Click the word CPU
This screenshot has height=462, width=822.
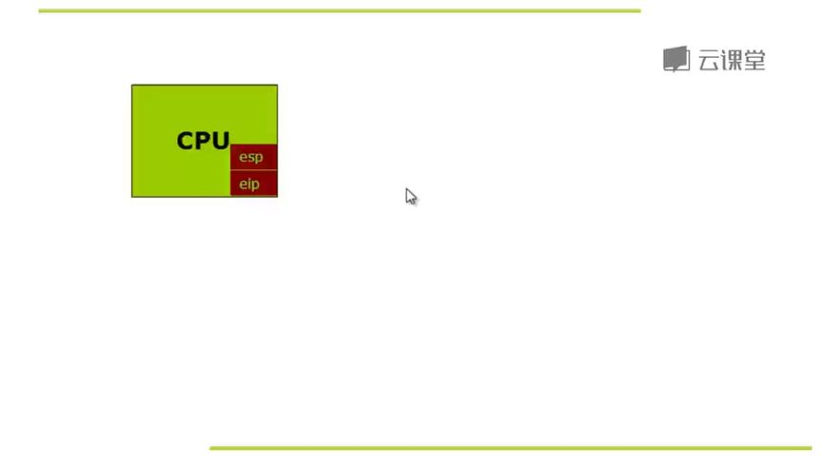coord(203,141)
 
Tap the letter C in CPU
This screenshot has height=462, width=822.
coord(186,141)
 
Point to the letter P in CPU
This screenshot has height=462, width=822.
coord(203,141)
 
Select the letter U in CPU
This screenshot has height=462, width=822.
coord(221,141)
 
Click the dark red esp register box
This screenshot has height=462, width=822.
coord(254,157)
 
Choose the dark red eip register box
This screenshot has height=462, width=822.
coord(254,183)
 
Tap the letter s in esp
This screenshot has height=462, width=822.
coord(250,157)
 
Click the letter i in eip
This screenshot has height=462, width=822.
coord(248,183)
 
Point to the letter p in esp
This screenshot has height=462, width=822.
coord(259,158)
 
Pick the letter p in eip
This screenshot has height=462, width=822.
coord(255,185)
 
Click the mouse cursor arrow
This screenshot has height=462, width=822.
coord(411,197)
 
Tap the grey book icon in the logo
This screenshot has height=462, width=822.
coord(676,59)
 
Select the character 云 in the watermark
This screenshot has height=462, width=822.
coord(709,61)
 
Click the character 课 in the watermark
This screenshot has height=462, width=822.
coord(732,61)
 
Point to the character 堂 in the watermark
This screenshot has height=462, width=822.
coord(754,61)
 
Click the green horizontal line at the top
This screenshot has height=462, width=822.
coord(340,10)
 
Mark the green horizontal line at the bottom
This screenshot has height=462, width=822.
coord(511,448)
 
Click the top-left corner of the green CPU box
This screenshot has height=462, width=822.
coord(131,85)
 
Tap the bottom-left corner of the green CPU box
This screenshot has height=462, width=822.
coord(131,197)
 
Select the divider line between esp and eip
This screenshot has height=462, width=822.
coord(254,170)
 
